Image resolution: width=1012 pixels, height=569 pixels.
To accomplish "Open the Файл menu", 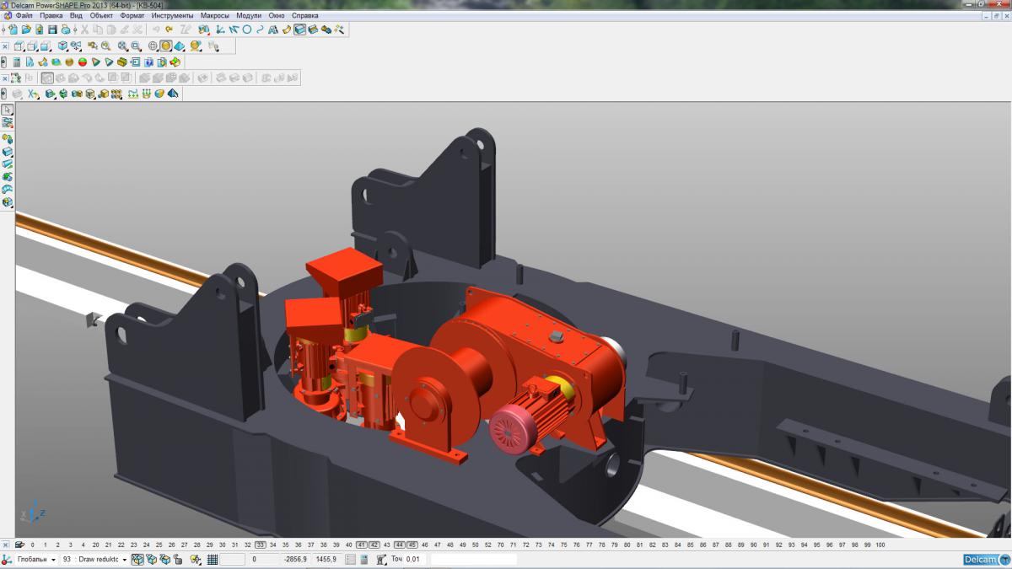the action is tap(24, 15).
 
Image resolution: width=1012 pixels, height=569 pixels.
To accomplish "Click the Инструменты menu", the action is tap(172, 15).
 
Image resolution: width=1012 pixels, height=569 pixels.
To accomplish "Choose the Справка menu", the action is tap(305, 15).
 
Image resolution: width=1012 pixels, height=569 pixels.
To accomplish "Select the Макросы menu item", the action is tap(214, 15).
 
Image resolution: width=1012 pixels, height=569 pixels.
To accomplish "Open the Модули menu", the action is tap(249, 15).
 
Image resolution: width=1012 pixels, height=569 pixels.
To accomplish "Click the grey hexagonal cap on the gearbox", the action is tap(556, 336).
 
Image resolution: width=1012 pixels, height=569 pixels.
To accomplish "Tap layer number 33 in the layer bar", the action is tap(261, 545).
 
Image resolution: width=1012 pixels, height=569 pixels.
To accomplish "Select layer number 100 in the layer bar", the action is tap(880, 545).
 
